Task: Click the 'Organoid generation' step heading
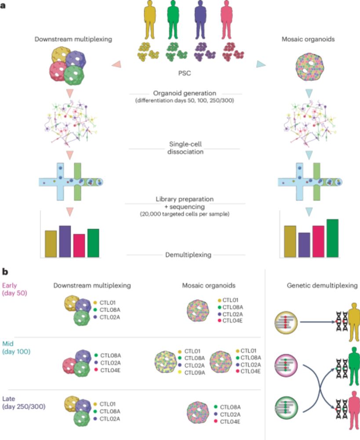click(x=185, y=93)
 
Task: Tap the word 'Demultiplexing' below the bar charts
click(x=185, y=255)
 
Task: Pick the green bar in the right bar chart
click(x=332, y=238)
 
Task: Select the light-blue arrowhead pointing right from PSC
click(x=261, y=65)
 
